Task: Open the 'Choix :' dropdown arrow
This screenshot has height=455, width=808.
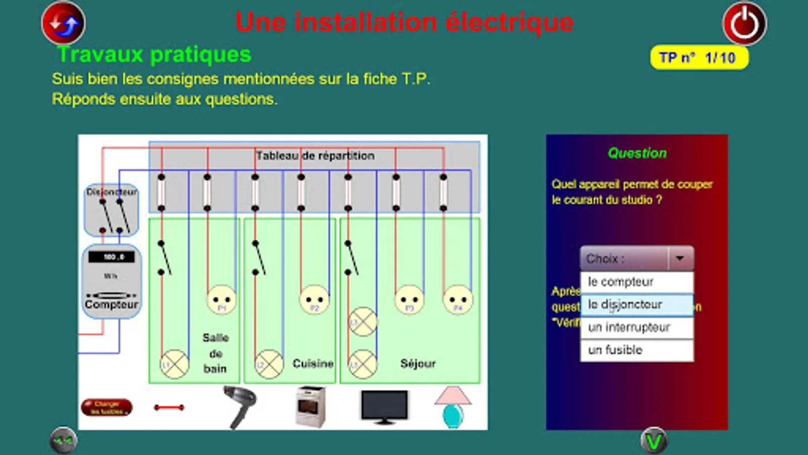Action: tap(680, 259)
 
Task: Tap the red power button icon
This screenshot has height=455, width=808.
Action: tap(744, 24)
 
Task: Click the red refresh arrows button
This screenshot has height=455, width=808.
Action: tap(63, 23)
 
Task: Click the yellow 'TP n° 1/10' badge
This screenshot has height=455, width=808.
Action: tap(699, 58)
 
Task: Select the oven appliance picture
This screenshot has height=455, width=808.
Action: tap(310, 406)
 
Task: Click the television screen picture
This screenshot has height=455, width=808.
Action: tap(384, 406)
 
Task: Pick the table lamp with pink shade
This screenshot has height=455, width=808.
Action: tap(452, 406)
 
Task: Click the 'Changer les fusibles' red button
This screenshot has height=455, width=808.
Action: tap(107, 407)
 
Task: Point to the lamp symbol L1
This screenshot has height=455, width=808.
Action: tap(174, 364)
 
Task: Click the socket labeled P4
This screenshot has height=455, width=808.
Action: tap(458, 300)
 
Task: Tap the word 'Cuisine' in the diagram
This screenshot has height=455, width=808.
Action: tap(313, 363)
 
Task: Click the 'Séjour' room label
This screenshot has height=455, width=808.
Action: tap(418, 363)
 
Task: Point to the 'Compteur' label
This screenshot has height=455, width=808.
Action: tap(111, 304)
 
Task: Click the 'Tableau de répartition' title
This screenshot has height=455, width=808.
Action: tap(315, 156)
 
